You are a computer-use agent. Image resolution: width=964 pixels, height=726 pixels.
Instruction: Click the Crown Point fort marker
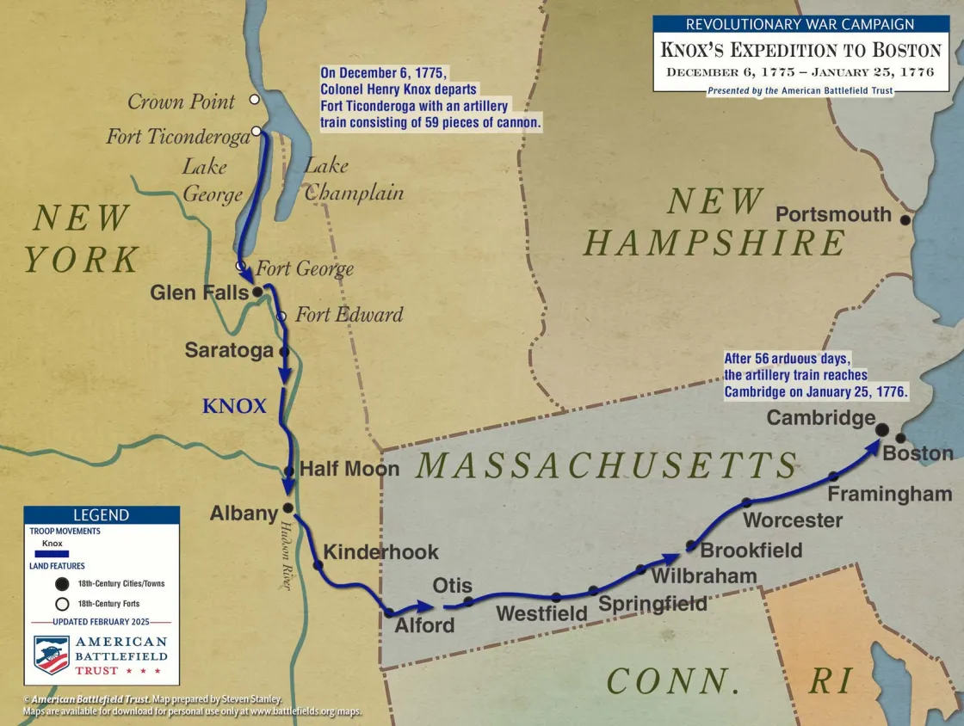(255, 100)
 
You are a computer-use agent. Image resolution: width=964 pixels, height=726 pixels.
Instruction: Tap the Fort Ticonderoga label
(177, 137)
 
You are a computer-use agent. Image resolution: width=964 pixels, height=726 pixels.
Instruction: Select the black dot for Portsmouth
(905, 220)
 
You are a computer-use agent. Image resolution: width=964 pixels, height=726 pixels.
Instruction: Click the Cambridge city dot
(881, 428)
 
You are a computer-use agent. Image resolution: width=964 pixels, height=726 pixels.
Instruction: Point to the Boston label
(918, 453)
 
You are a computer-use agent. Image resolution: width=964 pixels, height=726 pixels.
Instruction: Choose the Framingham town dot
(832, 476)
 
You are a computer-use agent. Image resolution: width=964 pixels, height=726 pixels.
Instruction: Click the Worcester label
(793, 520)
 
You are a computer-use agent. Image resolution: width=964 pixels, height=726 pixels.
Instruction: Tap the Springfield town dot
(593, 590)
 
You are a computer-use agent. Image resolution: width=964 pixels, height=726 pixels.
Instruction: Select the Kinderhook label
(380, 552)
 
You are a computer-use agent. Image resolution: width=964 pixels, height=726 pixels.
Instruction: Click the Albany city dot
(287, 508)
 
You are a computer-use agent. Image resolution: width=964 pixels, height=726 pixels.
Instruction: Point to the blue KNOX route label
(234, 406)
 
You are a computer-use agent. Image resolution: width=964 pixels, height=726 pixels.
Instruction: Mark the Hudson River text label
(281, 557)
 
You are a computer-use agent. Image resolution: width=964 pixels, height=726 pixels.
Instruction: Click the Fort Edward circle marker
(281, 317)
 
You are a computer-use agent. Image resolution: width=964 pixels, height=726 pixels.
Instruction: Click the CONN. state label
(673, 680)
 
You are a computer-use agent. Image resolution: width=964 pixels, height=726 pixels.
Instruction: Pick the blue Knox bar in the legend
(52, 554)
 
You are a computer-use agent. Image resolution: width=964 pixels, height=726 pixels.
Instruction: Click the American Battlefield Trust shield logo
(52, 655)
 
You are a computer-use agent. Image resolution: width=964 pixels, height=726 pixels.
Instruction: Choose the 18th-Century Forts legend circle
(62, 604)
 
